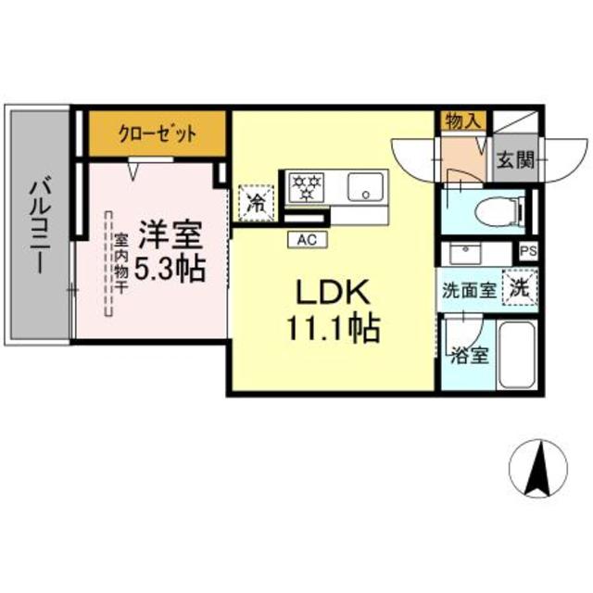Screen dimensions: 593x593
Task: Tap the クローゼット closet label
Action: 157,133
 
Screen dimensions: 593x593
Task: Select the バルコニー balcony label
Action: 39,225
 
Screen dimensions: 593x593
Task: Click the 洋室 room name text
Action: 170,232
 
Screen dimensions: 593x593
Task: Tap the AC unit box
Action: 307,238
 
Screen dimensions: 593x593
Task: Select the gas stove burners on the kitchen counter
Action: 305,185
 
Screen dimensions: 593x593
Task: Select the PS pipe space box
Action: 527,251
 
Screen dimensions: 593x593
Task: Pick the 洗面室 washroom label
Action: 469,289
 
